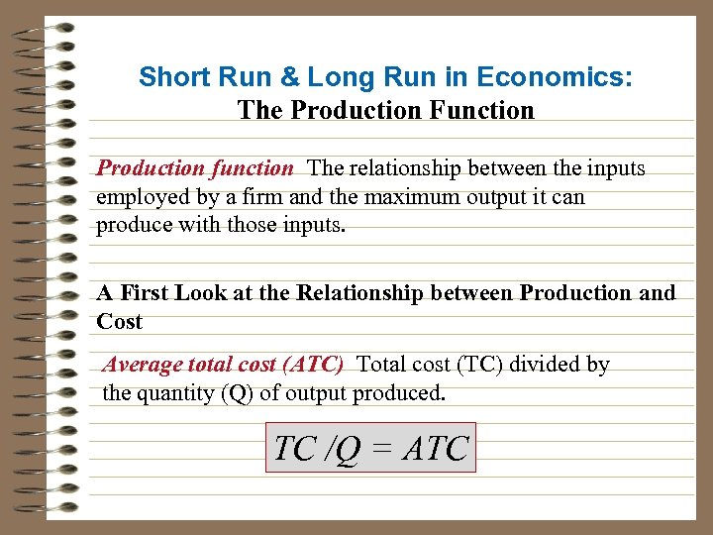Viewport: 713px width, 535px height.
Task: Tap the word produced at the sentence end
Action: [x=402, y=393]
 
